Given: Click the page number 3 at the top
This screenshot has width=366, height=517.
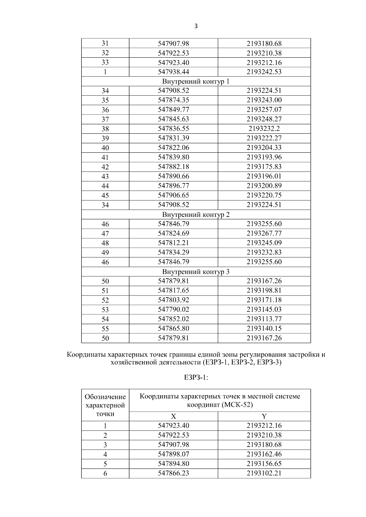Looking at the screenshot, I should point(196,26).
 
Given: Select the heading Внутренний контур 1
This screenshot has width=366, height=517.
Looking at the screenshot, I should point(196,82).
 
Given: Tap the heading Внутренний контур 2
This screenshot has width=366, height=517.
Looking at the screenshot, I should point(196,215).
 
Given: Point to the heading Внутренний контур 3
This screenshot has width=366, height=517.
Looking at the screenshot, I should point(196,272).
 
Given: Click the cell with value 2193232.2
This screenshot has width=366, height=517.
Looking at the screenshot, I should point(264,129).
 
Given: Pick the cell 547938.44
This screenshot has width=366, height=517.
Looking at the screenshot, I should point(173,72).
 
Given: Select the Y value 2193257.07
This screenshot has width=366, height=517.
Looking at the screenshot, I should point(264,110).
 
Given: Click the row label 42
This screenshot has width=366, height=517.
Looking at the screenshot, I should point(105,167).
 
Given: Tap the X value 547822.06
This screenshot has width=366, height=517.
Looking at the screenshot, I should point(173,148).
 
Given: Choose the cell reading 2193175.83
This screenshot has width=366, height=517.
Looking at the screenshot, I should point(264,167).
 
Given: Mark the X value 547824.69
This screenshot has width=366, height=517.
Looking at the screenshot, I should point(173,233).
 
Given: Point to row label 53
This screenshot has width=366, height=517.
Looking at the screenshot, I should point(105,310).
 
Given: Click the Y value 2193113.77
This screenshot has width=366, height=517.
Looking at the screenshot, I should point(264,319).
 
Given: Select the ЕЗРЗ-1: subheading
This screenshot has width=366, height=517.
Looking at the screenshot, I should point(196,377).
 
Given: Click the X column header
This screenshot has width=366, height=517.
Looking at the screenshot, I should point(173,416).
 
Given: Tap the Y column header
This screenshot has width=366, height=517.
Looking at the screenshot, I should point(264,416).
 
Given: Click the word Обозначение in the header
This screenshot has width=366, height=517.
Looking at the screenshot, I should point(105,397).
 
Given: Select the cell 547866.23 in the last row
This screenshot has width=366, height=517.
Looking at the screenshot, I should point(173,473).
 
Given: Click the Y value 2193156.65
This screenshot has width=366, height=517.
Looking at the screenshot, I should point(264,464).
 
